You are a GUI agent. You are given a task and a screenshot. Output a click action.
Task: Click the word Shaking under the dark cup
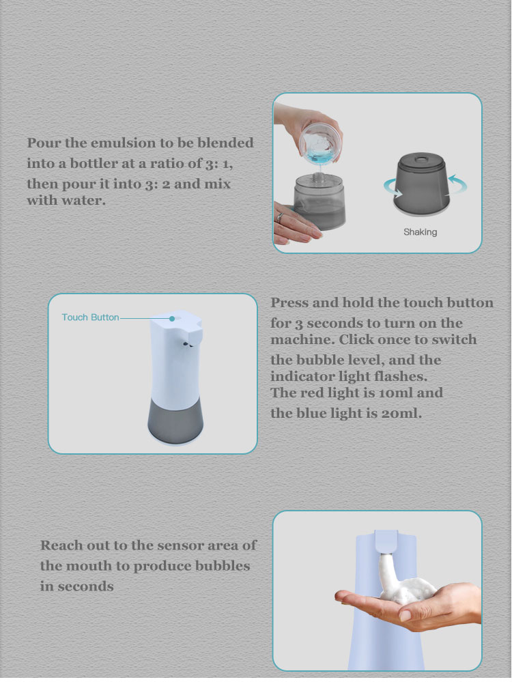[420, 232]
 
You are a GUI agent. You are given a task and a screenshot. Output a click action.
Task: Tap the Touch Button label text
[90, 317]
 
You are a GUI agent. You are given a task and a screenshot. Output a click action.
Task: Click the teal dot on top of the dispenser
[172, 319]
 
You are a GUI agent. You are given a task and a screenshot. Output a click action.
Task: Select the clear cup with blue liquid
[321, 143]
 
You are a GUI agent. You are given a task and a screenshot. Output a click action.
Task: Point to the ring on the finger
[280, 217]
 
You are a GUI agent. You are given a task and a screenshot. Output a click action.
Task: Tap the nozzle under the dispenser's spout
[188, 345]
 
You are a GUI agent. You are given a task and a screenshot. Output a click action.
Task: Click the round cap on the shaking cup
[421, 157]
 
